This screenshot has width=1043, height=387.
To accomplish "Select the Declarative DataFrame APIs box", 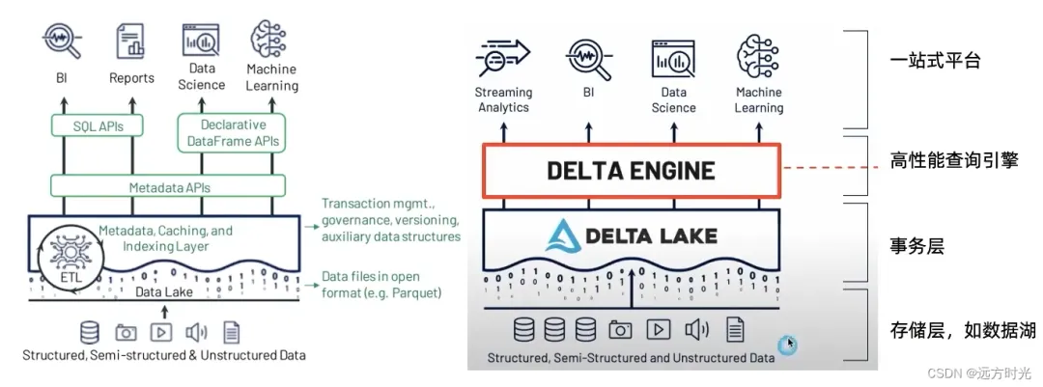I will [x=233, y=133].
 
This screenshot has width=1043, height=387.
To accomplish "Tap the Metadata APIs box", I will [x=170, y=187].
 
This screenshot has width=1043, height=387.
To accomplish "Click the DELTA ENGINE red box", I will [x=631, y=172].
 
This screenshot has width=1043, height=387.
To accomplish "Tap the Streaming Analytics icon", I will [x=503, y=59].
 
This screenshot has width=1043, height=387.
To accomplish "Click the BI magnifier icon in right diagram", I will [x=588, y=59].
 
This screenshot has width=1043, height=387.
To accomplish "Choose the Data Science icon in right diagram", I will [x=673, y=59].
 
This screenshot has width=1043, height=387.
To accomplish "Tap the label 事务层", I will [x=916, y=247].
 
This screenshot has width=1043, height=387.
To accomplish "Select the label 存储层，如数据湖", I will [x=962, y=331].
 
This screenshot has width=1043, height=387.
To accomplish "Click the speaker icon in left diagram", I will [x=196, y=332].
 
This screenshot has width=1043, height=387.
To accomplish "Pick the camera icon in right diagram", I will [x=620, y=330].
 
